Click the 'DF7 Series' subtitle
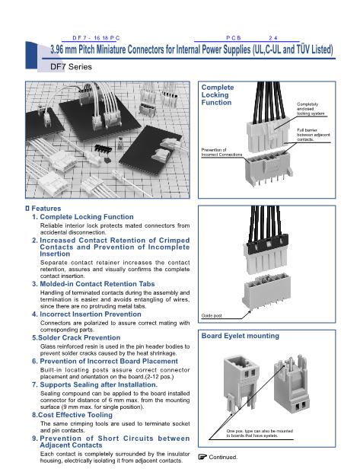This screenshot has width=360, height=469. pos(71,67)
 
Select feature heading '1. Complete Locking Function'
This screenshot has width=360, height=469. pos(83,217)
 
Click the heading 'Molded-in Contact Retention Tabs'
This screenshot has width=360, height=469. pos(97,284)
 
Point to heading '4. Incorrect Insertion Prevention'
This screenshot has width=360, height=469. pos(87,314)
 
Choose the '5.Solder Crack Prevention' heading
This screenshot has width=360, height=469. pos(76,338)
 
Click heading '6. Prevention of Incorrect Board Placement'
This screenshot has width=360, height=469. pos(105,362)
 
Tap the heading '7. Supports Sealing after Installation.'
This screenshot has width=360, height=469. pos(95,384)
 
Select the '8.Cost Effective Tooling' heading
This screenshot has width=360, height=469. pos(72,415)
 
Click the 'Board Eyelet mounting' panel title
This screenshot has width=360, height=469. pos(240,336)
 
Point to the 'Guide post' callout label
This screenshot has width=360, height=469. pos(212,315)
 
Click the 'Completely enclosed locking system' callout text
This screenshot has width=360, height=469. pos(311,109)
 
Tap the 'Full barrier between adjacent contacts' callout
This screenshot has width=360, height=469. pos(314,135)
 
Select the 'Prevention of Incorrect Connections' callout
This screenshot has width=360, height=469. pos(221,152)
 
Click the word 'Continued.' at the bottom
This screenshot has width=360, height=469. pos(223,457)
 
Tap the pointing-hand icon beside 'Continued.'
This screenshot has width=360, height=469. pos(202,457)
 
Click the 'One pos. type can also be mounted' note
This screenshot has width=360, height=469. pos(260,431)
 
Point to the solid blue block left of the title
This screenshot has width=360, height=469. pos(31,56)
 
